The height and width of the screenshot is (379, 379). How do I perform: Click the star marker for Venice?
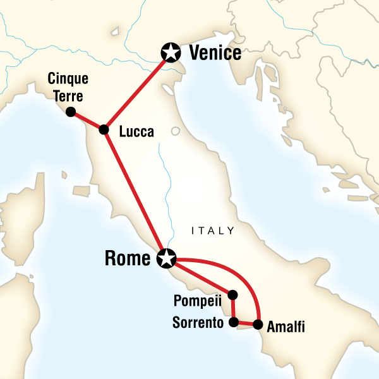point(170,52)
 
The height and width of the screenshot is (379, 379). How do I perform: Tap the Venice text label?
point(215,53)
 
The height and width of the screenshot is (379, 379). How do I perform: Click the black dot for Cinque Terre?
point(70,112)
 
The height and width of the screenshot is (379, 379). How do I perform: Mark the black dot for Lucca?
point(104,129)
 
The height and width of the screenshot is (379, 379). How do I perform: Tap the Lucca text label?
point(135,131)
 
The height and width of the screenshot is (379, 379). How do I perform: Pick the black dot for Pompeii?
point(232,294)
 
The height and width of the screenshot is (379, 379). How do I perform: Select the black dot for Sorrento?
point(233,323)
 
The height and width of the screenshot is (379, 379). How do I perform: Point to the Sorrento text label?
point(198,323)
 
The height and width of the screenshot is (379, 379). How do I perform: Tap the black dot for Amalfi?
point(258,325)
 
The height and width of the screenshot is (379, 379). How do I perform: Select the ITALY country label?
point(213,231)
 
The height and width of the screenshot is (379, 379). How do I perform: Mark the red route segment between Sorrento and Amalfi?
point(246,324)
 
